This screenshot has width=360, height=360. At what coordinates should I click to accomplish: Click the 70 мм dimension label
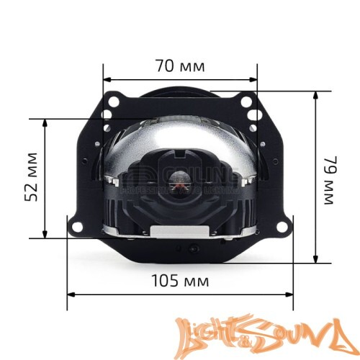[180, 66]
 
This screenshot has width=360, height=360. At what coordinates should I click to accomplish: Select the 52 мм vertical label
[30, 176]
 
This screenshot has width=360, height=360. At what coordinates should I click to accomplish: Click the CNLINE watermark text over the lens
[180, 176]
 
